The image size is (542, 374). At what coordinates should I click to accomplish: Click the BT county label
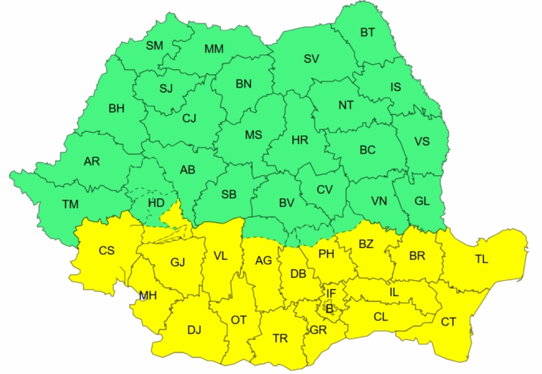pos(368,32)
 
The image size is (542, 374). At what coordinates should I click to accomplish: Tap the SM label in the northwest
pos(154,46)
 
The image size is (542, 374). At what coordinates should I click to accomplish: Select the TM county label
pos(70,205)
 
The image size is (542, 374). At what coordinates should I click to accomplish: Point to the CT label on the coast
pos(449,322)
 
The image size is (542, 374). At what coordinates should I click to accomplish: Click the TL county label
pos(481,260)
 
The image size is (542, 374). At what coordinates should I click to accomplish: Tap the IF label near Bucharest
pos(331,293)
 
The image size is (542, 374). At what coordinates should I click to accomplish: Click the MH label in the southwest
pos(147,296)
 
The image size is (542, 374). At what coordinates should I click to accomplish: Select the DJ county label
pos(194,329)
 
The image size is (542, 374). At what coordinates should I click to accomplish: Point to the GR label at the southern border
pos(318,330)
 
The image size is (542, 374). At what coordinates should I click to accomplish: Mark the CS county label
pos(107,251)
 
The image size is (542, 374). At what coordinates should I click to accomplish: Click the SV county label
pos(311,59)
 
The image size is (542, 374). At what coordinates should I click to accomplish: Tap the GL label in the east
pos(422,201)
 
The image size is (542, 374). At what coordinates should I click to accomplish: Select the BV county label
pos(286,203)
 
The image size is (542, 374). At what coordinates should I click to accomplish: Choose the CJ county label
pos(189,118)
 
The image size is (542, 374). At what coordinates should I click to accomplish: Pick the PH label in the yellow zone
pos(326,254)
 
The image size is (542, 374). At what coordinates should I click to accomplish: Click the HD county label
pos(155,203)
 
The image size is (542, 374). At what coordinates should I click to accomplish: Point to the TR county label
pos(280,339)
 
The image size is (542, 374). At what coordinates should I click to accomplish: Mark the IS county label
pos(396,88)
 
